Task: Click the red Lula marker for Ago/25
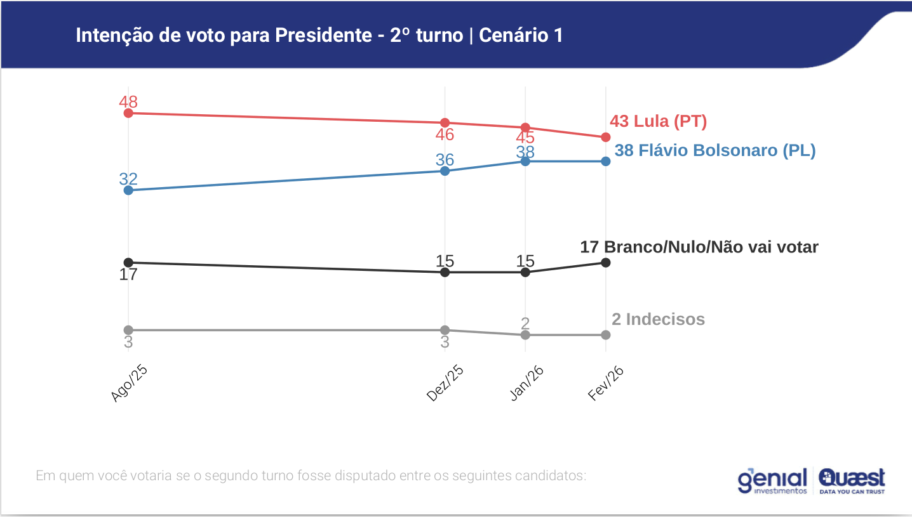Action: point(128,113)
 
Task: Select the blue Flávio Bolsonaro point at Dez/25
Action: point(445,171)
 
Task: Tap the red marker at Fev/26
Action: point(605,137)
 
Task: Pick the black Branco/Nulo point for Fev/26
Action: point(605,263)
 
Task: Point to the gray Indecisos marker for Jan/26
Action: point(525,335)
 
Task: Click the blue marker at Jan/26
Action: point(525,161)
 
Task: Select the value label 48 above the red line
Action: point(128,101)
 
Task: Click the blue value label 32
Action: point(128,179)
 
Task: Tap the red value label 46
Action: point(445,134)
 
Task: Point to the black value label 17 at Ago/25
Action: point(128,275)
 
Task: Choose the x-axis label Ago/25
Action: point(129,384)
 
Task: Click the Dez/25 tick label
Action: point(445,384)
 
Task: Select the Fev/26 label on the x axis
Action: point(606,384)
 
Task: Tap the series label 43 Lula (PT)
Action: point(658,121)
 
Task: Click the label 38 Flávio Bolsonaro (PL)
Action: point(714,151)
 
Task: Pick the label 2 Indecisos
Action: point(658,319)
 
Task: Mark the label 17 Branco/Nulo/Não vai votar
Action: point(699,247)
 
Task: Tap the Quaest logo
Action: point(852,480)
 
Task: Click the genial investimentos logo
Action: point(772,481)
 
